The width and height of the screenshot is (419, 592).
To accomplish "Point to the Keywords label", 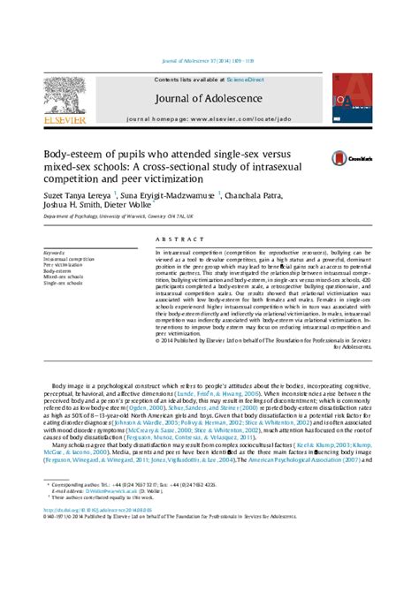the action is click(53, 252).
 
